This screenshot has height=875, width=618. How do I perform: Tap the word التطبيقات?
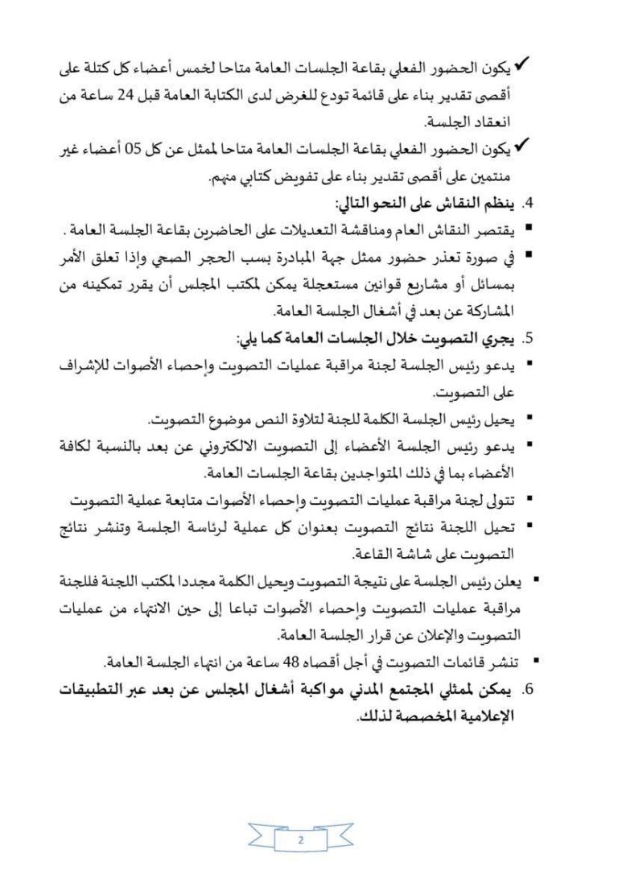pyautogui.click(x=103, y=690)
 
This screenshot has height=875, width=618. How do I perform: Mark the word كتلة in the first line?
pyautogui.click(x=109, y=72)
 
